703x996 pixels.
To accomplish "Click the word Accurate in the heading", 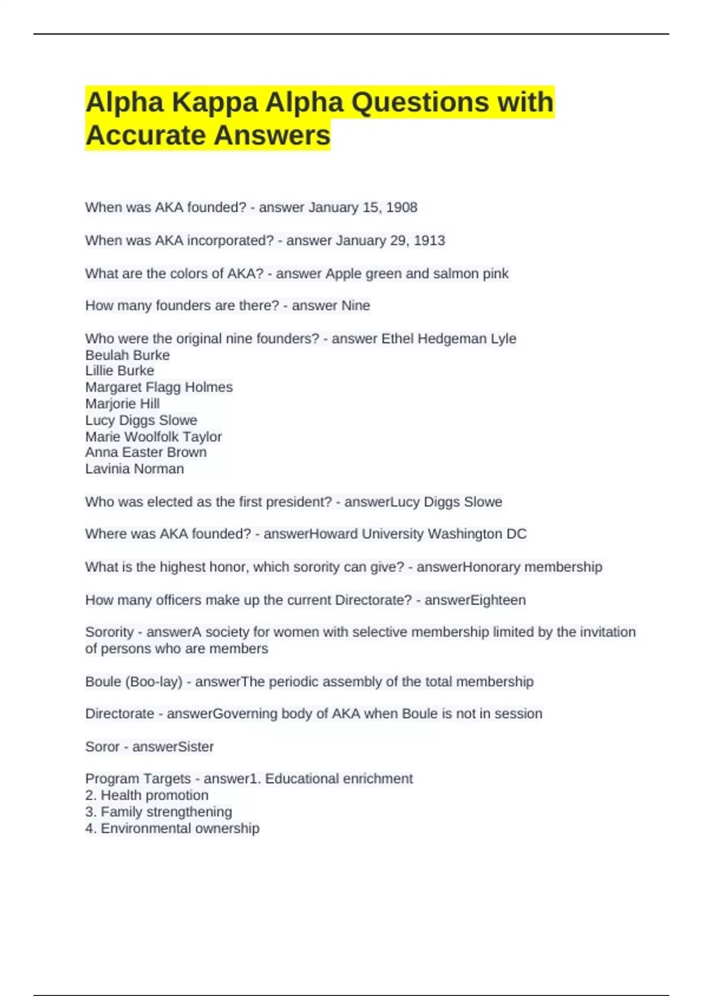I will pyautogui.click(x=144, y=136).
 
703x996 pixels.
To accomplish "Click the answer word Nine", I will pyautogui.click(x=356, y=306).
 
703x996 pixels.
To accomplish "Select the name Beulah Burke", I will pyautogui.click(x=127, y=355).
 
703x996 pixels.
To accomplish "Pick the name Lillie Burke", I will pyautogui.click(x=120, y=371).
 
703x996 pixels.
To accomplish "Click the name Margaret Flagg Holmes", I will pyautogui.click(x=159, y=387).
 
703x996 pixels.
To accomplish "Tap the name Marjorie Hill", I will pyautogui.click(x=122, y=404).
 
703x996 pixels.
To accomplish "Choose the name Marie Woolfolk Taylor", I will pyautogui.click(x=153, y=436).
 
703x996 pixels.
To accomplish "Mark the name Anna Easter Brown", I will pyautogui.click(x=146, y=452).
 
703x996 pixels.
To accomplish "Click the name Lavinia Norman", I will pyautogui.click(x=135, y=469).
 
